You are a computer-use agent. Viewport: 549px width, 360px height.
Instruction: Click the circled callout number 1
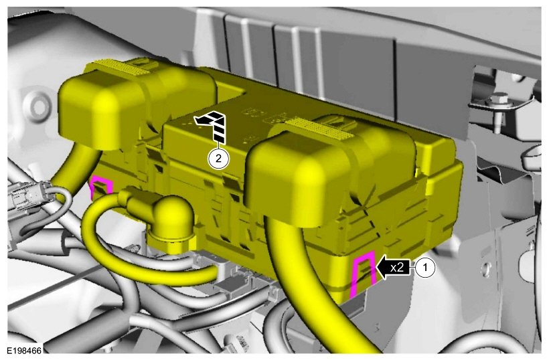click(x=425, y=268)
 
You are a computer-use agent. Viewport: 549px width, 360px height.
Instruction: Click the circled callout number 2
click(x=218, y=159)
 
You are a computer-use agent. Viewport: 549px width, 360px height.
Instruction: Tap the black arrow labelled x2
click(x=392, y=268)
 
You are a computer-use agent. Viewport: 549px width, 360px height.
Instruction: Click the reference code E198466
click(x=24, y=351)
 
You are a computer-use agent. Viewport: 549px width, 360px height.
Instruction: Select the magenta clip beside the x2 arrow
click(x=364, y=273)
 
